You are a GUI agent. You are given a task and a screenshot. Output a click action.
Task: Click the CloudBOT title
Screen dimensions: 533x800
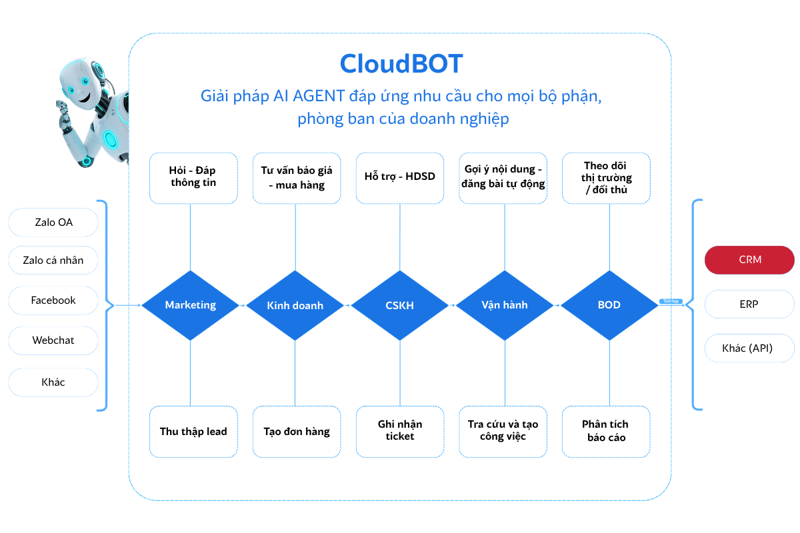(x=401, y=64)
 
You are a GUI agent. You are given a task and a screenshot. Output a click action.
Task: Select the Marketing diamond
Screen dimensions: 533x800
(x=191, y=305)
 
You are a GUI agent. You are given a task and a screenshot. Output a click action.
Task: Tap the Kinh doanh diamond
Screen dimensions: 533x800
(x=295, y=305)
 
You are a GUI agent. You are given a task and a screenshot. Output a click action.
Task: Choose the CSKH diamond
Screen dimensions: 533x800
(x=400, y=305)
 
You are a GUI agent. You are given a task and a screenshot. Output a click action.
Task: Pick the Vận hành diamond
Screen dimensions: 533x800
(x=505, y=305)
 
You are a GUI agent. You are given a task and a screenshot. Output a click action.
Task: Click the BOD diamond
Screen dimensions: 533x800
(x=609, y=305)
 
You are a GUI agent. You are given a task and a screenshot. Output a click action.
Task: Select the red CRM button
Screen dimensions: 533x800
(x=749, y=260)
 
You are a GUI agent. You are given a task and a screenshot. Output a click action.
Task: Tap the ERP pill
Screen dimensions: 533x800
(x=749, y=304)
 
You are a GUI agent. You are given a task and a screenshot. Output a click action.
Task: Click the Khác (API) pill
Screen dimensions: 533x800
(x=749, y=348)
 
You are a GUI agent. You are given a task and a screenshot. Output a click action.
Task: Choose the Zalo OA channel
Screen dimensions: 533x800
(x=53, y=223)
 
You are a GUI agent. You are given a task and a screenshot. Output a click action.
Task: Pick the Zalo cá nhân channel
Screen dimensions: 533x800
(x=53, y=260)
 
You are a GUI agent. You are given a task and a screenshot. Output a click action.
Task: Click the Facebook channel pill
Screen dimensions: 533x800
(x=53, y=300)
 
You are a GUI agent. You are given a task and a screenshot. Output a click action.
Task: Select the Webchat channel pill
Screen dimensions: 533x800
(x=53, y=340)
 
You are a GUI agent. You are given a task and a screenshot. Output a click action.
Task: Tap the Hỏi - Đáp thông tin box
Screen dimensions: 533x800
(x=193, y=177)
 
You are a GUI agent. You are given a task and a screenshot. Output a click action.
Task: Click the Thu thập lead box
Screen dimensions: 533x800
(x=193, y=431)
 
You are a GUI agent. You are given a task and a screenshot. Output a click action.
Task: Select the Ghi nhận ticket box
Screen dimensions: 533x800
(x=400, y=431)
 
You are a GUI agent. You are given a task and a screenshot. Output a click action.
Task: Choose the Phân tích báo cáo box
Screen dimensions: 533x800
(x=606, y=431)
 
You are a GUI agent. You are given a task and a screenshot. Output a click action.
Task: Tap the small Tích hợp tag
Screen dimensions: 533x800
(x=670, y=301)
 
